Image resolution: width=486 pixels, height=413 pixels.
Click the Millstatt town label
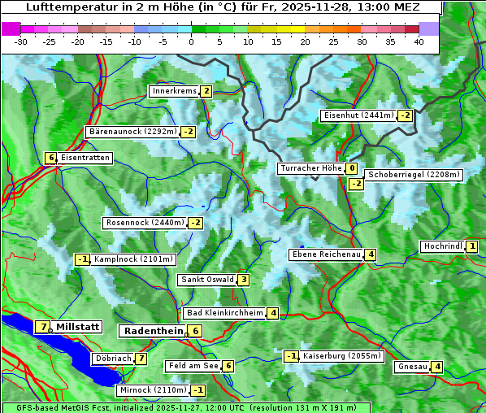click(x=78, y=327)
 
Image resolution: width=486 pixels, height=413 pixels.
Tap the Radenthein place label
click(x=154, y=331)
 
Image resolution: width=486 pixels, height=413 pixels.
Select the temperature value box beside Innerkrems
click(x=206, y=91)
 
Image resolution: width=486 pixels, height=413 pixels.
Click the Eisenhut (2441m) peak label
click(x=358, y=115)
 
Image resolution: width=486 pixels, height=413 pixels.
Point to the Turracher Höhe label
click(x=310, y=169)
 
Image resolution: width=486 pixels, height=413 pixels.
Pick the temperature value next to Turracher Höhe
click(x=351, y=169)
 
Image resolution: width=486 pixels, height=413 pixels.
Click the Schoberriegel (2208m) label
click(x=414, y=175)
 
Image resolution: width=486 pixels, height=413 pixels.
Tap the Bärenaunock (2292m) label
click(x=132, y=131)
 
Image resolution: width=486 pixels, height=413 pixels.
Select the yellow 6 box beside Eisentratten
click(x=50, y=158)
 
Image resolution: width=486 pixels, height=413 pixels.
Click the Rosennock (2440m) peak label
click(x=145, y=223)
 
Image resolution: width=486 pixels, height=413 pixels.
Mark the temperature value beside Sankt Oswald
click(x=243, y=280)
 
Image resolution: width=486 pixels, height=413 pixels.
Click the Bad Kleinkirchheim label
click(x=225, y=313)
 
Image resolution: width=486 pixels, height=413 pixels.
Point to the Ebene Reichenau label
click(x=326, y=254)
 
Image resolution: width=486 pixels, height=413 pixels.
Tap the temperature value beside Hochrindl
click(x=472, y=246)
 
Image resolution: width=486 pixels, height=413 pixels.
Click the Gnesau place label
click(x=412, y=367)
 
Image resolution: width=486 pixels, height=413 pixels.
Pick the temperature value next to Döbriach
click(x=141, y=359)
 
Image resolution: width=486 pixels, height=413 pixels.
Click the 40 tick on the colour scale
click(x=419, y=41)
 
